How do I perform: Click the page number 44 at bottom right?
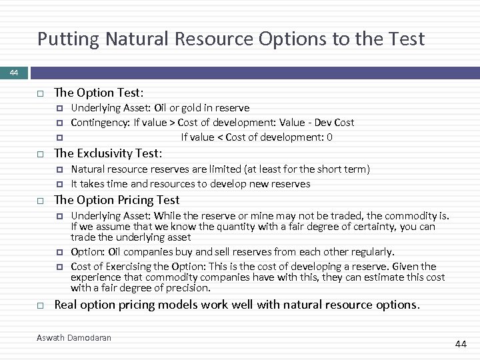[x=460, y=343]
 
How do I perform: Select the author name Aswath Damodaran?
[x=74, y=337]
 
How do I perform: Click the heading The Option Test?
[x=99, y=93]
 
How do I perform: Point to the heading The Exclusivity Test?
[x=108, y=154]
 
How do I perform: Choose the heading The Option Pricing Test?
[x=117, y=200]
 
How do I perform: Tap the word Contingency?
[x=100, y=123]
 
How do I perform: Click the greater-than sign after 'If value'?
[x=172, y=123]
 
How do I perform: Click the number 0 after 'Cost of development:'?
[x=329, y=137]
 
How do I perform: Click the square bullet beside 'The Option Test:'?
[x=41, y=93]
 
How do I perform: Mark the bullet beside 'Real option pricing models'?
[x=41, y=305]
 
